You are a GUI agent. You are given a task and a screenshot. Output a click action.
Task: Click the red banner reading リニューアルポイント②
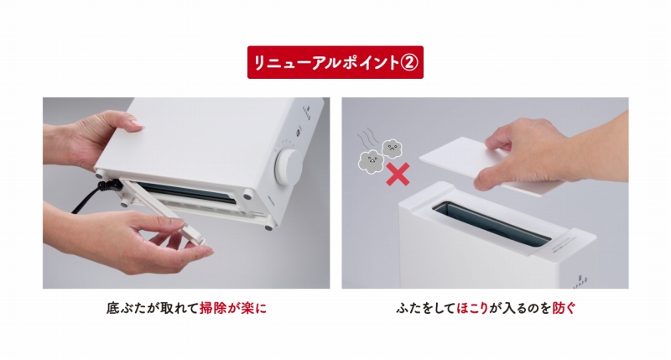335,62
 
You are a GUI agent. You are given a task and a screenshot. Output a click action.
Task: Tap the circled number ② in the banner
408,63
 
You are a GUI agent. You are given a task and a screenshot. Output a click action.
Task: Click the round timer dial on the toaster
289,167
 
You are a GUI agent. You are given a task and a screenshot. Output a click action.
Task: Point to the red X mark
398,175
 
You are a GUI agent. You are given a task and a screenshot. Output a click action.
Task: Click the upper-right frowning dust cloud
392,149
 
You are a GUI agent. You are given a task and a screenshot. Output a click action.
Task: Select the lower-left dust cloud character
371,161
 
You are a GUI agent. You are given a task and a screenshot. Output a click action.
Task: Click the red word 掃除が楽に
233,308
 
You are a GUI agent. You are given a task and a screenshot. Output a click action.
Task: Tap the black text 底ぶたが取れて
153,308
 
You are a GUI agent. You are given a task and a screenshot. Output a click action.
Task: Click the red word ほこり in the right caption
472,308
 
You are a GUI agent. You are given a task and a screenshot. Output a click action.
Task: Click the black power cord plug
109,185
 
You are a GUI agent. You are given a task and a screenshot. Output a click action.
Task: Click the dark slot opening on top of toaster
492,223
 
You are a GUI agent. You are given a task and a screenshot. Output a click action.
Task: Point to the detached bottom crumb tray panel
164,211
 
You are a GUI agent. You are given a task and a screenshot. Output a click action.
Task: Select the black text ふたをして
425,308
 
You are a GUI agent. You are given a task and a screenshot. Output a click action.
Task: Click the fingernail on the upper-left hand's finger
137,123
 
